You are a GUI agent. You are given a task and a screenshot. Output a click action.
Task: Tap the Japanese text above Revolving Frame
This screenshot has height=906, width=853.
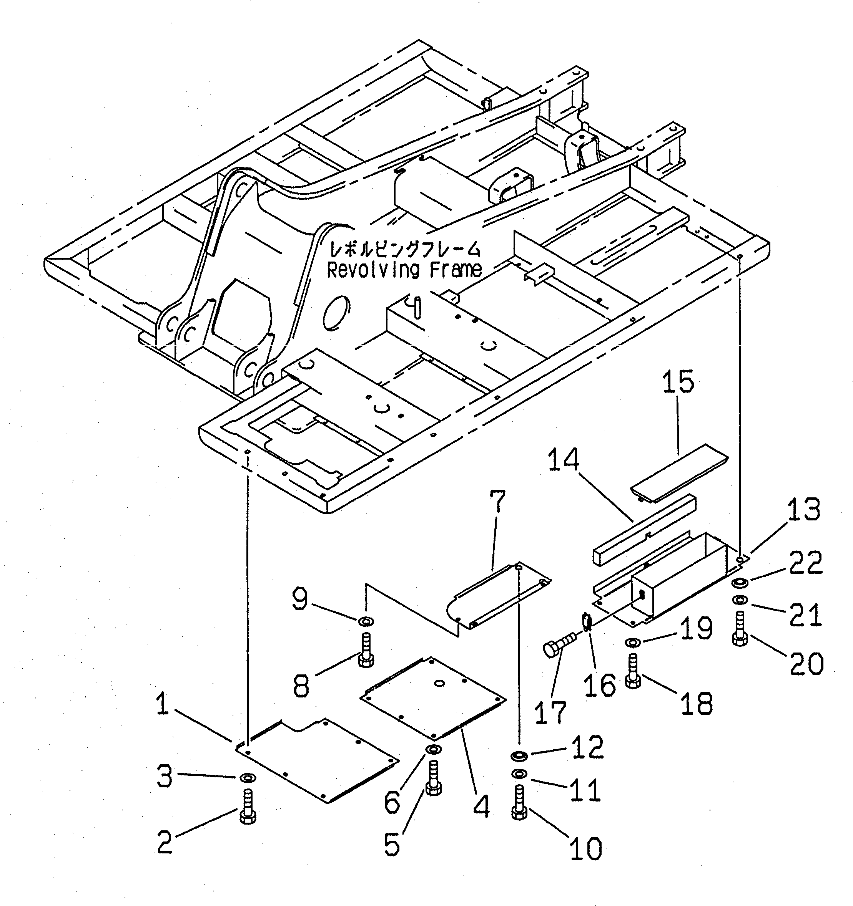[404, 250]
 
